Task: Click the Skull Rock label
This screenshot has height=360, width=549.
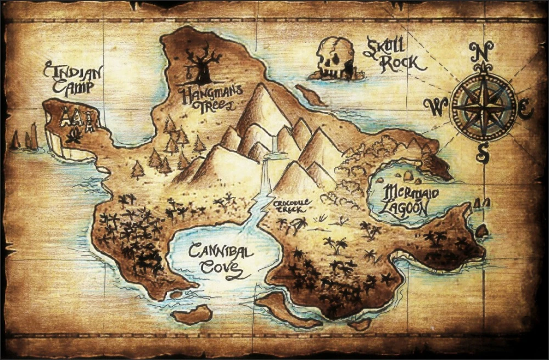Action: [x=394, y=55]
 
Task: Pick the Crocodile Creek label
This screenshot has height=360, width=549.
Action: [x=293, y=206]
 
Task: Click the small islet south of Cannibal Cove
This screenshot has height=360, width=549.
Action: [x=192, y=315]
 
